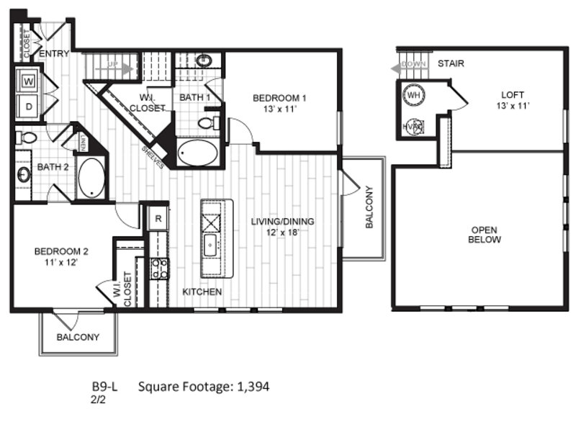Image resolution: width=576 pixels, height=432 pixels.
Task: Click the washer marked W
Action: pyautogui.click(x=28, y=81)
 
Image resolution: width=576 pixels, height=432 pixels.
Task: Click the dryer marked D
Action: pyautogui.click(x=28, y=107)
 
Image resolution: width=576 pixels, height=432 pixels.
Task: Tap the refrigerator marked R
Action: pyautogui.click(x=158, y=219)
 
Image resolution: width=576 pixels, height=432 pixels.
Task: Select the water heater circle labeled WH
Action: pyautogui.click(x=413, y=95)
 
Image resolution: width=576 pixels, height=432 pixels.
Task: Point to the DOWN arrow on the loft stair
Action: pyautogui.click(x=408, y=68)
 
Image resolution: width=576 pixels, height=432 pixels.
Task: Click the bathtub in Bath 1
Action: pyautogui.click(x=197, y=153)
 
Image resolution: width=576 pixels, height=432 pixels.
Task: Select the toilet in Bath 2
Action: pyautogui.click(x=26, y=138)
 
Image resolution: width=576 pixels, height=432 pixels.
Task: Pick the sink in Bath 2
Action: pyautogui.click(x=23, y=174)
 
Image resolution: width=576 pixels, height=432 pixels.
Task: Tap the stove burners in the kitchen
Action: pyautogui.click(x=159, y=269)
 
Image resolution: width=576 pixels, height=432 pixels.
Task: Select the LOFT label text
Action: pyautogui.click(x=513, y=95)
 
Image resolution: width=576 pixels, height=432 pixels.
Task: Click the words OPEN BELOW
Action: pyautogui.click(x=484, y=235)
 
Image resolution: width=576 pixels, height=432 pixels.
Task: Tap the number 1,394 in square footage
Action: pyautogui.click(x=253, y=387)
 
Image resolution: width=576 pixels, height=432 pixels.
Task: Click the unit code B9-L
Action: pyautogui.click(x=104, y=387)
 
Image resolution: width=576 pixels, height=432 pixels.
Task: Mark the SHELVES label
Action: pyautogui.click(x=153, y=157)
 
